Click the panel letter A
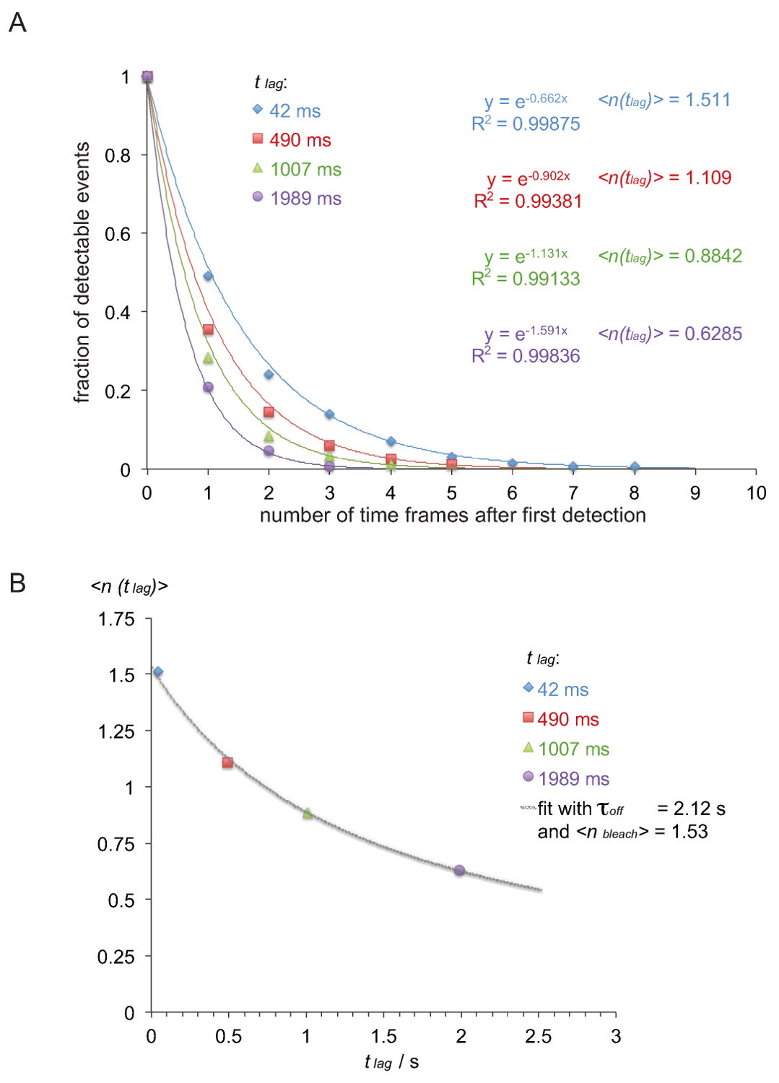point(17,23)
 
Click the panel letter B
point(17,583)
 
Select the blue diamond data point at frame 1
point(208,276)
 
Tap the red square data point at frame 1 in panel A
point(208,330)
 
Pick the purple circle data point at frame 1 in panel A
point(208,387)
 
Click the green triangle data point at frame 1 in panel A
point(208,358)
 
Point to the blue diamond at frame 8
point(635,466)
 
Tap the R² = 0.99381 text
point(528,201)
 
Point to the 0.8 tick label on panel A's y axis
point(118,155)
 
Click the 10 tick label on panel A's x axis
point(756,493)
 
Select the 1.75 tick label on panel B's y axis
point(116,619)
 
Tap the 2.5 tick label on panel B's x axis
point(538,1037)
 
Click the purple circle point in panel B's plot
point(459,870)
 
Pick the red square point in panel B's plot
point(227,762)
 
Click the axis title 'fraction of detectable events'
point(82,272)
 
